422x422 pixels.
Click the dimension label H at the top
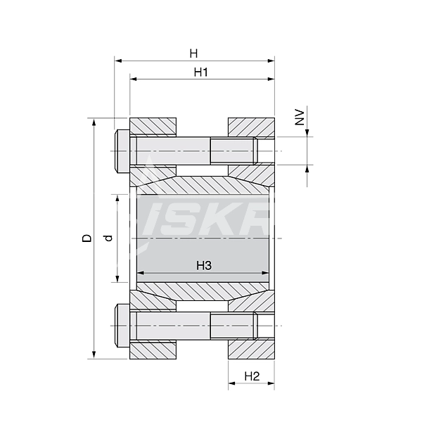pos(194,53)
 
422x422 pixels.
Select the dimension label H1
pos(201,72)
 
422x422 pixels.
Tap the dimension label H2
pos(252,376)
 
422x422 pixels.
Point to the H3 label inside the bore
pos(204,265)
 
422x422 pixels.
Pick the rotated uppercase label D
pos(87,238)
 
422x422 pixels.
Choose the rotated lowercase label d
pos(108,238)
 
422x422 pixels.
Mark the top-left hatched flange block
pos(153,127)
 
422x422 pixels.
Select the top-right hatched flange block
pos(251,127)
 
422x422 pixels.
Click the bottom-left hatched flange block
pos(153,350)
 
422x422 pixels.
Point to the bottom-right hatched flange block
pos(251,350)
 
